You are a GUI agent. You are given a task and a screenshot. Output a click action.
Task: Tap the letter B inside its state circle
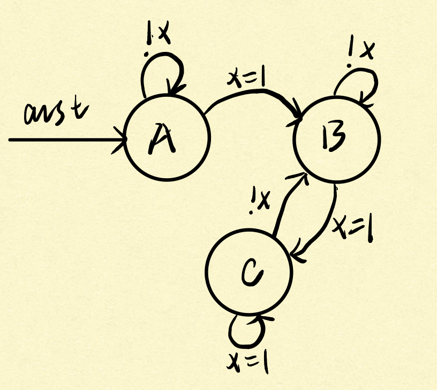point(334,136)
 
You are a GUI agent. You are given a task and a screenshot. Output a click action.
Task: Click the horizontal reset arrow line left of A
point(64,140)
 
